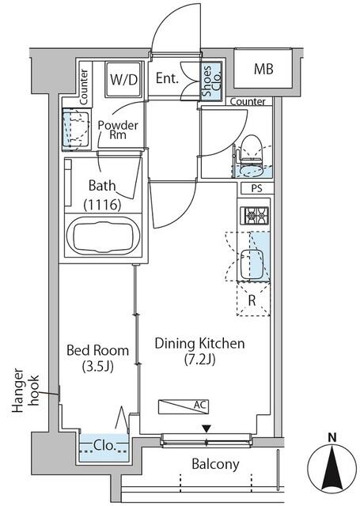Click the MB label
tap(263, 69)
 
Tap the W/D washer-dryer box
tap(124, 79)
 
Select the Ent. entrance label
tap(167, 78)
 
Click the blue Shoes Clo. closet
tap(212, 81)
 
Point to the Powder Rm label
tap(118, 130)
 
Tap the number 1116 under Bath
tap(102, 205)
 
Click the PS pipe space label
tap(256, 188)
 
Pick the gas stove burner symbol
tap(255, 216)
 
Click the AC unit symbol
tap(184, 406)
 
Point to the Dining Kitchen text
tap(199, 343)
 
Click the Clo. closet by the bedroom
tap(104, 448)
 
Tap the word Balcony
tap(215, 464)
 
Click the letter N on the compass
tap(332, 437)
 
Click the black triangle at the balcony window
tap(207, 429)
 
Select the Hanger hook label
tap(25, 391)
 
